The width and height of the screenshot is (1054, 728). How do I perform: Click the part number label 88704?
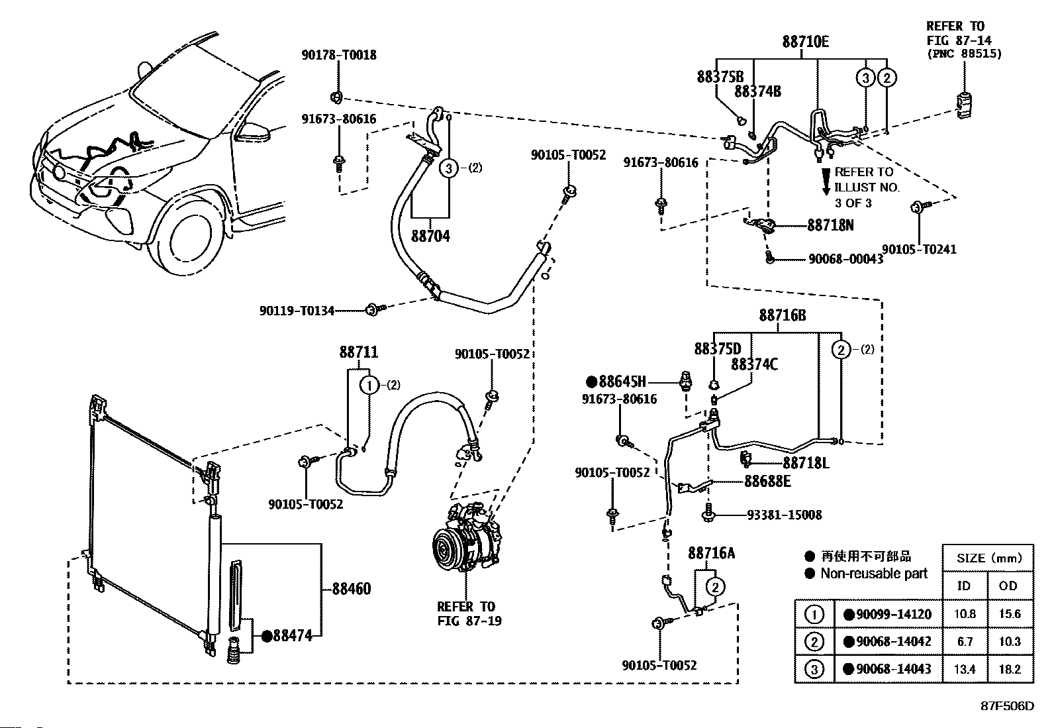click(430, 236)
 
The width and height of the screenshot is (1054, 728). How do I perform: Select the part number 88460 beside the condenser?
click(352, 589)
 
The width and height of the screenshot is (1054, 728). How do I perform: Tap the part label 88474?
click(292, 636)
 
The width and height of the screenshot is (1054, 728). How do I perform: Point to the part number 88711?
click(359, 352)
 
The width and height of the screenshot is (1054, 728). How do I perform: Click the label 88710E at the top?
click(806, 42)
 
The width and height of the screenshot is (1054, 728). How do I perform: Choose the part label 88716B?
click(782, 315)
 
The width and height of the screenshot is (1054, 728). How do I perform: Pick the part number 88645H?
click(622, 382)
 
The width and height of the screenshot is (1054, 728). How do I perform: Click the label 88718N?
click(830, 226)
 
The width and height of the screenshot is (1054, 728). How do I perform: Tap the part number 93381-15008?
click(785, 515)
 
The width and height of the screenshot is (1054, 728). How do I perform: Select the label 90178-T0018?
click(339, 55)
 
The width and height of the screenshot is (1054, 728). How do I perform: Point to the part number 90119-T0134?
click(297, 311)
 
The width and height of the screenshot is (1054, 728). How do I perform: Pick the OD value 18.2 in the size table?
click(1010, 669)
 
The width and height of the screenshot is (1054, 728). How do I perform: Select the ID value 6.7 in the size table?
click(965, 642)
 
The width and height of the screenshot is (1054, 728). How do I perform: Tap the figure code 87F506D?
click(1008, 706)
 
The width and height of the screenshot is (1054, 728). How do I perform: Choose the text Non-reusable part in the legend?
click(874, 574)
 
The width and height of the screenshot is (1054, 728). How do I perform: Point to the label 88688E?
click(767, 482)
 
